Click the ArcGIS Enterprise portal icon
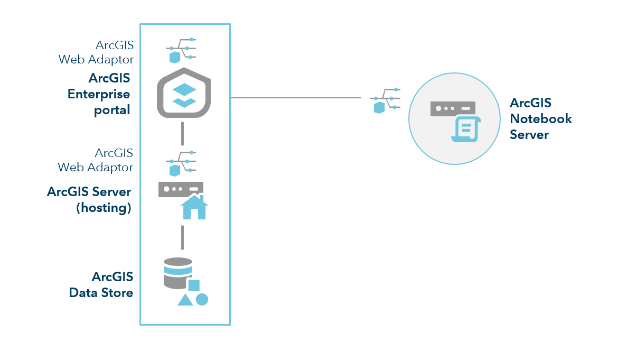pos(184,93)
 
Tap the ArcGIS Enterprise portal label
pos(99,94)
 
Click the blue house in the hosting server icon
pos(194,207)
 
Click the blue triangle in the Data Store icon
pos(185,300)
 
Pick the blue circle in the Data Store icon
pos(202,299)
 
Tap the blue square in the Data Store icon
pos(194,285)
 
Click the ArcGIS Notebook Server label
pos(540,118)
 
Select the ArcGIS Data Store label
pos(101,284)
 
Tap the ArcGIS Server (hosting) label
pos(89,199)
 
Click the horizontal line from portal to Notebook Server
pos(296,98)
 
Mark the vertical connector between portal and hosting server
pos(182,133)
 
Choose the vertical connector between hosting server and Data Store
pos(182,237)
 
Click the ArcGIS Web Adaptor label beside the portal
pos(97,52)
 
